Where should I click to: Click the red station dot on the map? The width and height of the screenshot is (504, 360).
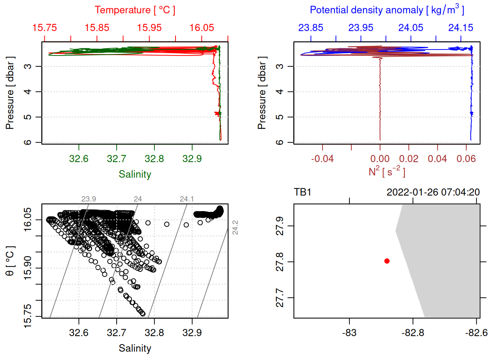point(387,261)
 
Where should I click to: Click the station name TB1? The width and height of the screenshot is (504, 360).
point(303,192)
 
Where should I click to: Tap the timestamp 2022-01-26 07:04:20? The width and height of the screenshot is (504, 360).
point(433,192)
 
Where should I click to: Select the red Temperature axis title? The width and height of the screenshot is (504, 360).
point(135,10)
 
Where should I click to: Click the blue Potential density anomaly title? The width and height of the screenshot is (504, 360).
point(387,10)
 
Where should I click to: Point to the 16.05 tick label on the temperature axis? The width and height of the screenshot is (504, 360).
point(202,28)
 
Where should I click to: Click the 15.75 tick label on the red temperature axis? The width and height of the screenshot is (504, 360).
point(45,28)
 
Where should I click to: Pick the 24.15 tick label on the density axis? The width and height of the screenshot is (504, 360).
point(460,28)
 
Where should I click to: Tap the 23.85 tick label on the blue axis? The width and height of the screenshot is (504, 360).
point(310,28)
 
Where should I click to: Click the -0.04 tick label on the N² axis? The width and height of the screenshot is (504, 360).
point(322,159)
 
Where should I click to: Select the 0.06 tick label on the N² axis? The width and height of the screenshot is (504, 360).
point(466,159)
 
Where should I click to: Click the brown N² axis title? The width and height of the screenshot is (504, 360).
point(387,172)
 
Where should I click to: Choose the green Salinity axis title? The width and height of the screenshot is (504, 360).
point(135,174)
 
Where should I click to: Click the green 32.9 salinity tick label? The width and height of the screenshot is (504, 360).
point(192,159)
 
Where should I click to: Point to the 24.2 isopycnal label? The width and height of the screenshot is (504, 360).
point(235,228)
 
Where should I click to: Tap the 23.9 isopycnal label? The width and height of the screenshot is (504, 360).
point(88,199)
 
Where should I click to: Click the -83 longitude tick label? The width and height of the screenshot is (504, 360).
point(349,333)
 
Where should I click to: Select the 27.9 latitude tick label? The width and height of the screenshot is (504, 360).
point(280,226)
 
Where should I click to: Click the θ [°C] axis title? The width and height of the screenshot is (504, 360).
point(10,261)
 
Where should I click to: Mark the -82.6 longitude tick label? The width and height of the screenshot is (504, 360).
point(476,333)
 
